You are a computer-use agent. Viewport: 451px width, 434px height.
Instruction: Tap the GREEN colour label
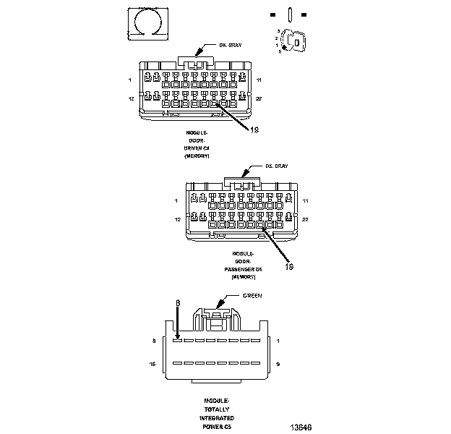coord(252,296)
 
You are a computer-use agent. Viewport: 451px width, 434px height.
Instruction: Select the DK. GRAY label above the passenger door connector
coord(276,166)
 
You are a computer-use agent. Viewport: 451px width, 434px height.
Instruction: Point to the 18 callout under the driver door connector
coord(254,130)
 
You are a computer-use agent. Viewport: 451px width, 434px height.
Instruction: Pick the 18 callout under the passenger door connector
coord(289,266)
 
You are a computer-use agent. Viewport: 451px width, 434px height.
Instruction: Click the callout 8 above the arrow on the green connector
coord(178,303)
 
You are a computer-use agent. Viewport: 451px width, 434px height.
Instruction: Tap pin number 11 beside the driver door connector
coord(259,79)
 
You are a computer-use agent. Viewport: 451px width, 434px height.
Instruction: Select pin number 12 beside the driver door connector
coord(131,97)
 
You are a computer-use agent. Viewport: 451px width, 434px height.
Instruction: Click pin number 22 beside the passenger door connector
coord(305,218)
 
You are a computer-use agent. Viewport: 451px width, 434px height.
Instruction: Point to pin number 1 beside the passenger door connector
coord(176,200)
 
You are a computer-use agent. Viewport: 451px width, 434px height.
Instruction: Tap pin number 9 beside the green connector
coord(278,364)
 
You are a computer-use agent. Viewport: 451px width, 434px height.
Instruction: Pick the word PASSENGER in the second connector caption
coord(247,269)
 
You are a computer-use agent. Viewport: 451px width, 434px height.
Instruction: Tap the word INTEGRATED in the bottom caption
coord(217,418)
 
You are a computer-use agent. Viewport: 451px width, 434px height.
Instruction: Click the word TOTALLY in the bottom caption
coord(217,409)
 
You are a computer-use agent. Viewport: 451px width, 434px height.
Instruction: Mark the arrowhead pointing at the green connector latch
coord(219,305)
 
